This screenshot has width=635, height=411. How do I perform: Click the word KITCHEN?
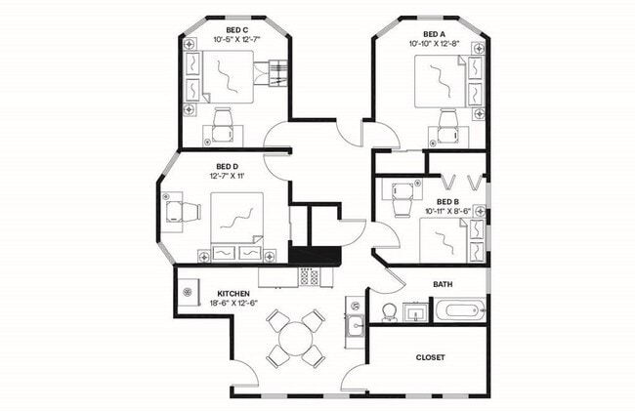click(233, 294)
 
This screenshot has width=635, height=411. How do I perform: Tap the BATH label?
click(443, 285)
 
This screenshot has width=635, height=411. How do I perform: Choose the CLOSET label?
click(431, 357)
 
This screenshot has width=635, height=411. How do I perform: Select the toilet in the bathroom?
click(388, 312)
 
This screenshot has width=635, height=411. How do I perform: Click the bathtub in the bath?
click(458, 313)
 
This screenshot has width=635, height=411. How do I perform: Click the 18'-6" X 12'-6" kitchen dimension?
click(233, 305)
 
